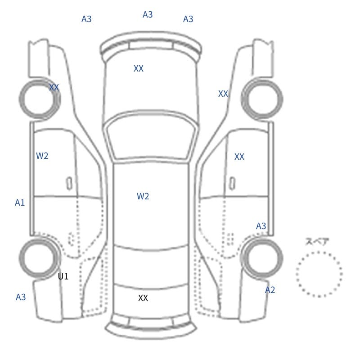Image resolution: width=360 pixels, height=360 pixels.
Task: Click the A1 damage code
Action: pos(20,203)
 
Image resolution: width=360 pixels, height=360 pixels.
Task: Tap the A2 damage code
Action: pos(270,290)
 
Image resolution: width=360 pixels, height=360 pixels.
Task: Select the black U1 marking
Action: pos(63,276)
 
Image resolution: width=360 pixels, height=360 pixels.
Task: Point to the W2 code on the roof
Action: pos(143,196)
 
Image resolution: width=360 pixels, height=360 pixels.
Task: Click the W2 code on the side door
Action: pos(42,156)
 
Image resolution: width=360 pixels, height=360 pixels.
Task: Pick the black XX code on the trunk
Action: pos(143,298)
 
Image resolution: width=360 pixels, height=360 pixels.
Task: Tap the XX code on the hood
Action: pos(139,68)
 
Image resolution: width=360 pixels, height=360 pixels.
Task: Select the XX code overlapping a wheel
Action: pos(54,87)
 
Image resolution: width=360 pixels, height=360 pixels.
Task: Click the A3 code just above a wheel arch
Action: pos(261,226)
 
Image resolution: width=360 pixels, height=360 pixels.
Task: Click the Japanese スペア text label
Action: pos(314,242)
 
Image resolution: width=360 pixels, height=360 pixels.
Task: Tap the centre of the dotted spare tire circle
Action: pos(319,274)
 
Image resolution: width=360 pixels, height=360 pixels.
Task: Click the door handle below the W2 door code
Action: pos(69,184)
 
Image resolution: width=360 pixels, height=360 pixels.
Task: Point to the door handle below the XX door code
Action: pos(232,184)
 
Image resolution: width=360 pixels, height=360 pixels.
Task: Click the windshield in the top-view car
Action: pos(151,138)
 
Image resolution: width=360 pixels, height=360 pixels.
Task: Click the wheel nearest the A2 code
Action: pos(262,257)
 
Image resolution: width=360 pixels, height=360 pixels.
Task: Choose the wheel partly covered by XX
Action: pos(40,99)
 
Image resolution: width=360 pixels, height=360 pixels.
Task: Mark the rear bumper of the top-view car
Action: pos(151,327)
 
